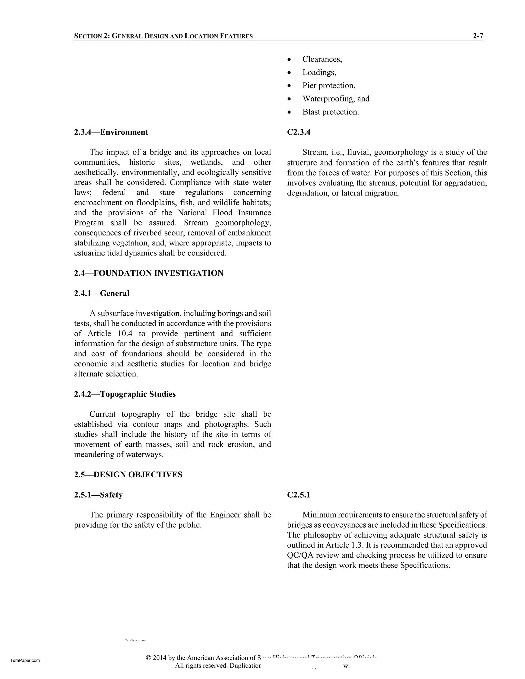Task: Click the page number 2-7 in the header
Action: click(x=478, y=36)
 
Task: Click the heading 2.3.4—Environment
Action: click(x=111, y=132)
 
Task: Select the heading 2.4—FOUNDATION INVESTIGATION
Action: click(x=149, y=273)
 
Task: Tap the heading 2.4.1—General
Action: click(x=102, y=293)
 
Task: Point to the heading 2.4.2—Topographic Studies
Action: click(x=125, y=394)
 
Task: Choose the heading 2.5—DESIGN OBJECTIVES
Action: click(x=128, y=475)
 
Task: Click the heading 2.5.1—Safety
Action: click(x=98, y=495)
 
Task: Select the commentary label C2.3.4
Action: click(x=299, y=132)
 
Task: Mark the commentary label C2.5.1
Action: click(x=299, y=495)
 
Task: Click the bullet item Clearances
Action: click(x=322, y=59)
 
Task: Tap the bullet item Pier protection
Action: click(x=329, y=86)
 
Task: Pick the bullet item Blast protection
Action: click(x=331, y=112)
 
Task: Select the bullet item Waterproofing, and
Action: click(x=336, y=99)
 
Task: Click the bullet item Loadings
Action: click(x=319, y=73)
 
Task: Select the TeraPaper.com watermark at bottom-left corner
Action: click(x=25, y=661)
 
